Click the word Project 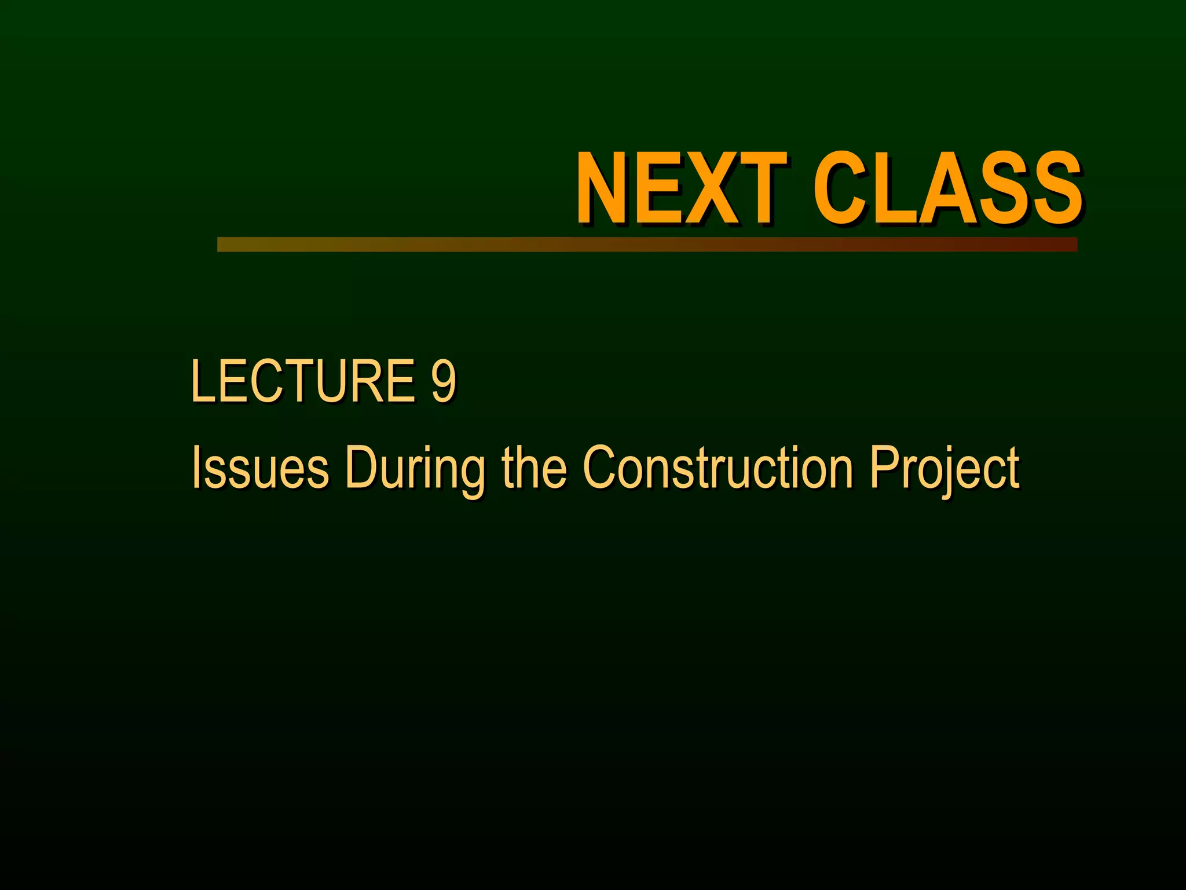point(944,468)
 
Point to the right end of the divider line point(1075,245)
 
